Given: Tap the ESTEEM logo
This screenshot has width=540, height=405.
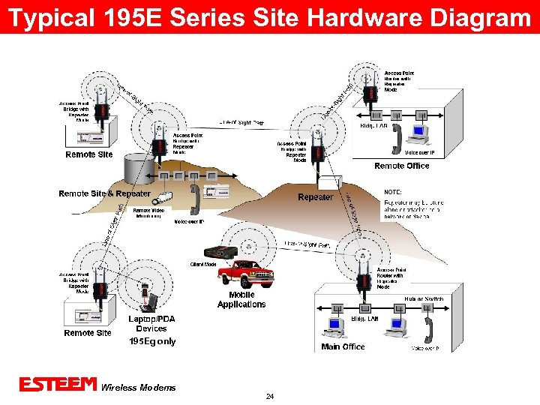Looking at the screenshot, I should pyautogui.click(x=58, y=385).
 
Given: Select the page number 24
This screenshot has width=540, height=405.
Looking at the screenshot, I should pyautogui.click(x=270, y=396).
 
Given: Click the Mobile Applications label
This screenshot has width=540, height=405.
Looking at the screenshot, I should pyautogui.click(x=241, y=300).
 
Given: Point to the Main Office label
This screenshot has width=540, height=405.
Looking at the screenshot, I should pyautogui.click(x=343, y=346).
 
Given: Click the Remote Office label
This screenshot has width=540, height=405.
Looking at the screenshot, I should pyautogui.click(x=402, y=166).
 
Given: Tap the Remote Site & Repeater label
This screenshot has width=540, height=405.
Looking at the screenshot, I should pyautogui.click(x=104, y=193).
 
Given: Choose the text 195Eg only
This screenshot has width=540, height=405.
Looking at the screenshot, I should pyautogui.click(x=152, y=341).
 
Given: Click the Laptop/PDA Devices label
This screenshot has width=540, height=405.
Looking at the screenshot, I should pyautogui.click(x=151, y=323).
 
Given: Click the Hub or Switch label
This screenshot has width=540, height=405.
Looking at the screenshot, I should pyautogui.click(x=424, y=299).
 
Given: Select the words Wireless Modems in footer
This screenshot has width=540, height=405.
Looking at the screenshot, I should pyautogui.click(x=138, y=388).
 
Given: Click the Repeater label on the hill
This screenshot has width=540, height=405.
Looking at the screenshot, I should pyautogui.click(x=315, y=197).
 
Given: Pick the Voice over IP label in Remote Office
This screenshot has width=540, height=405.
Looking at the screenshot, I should pyautogui.click(x=424, y=153).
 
